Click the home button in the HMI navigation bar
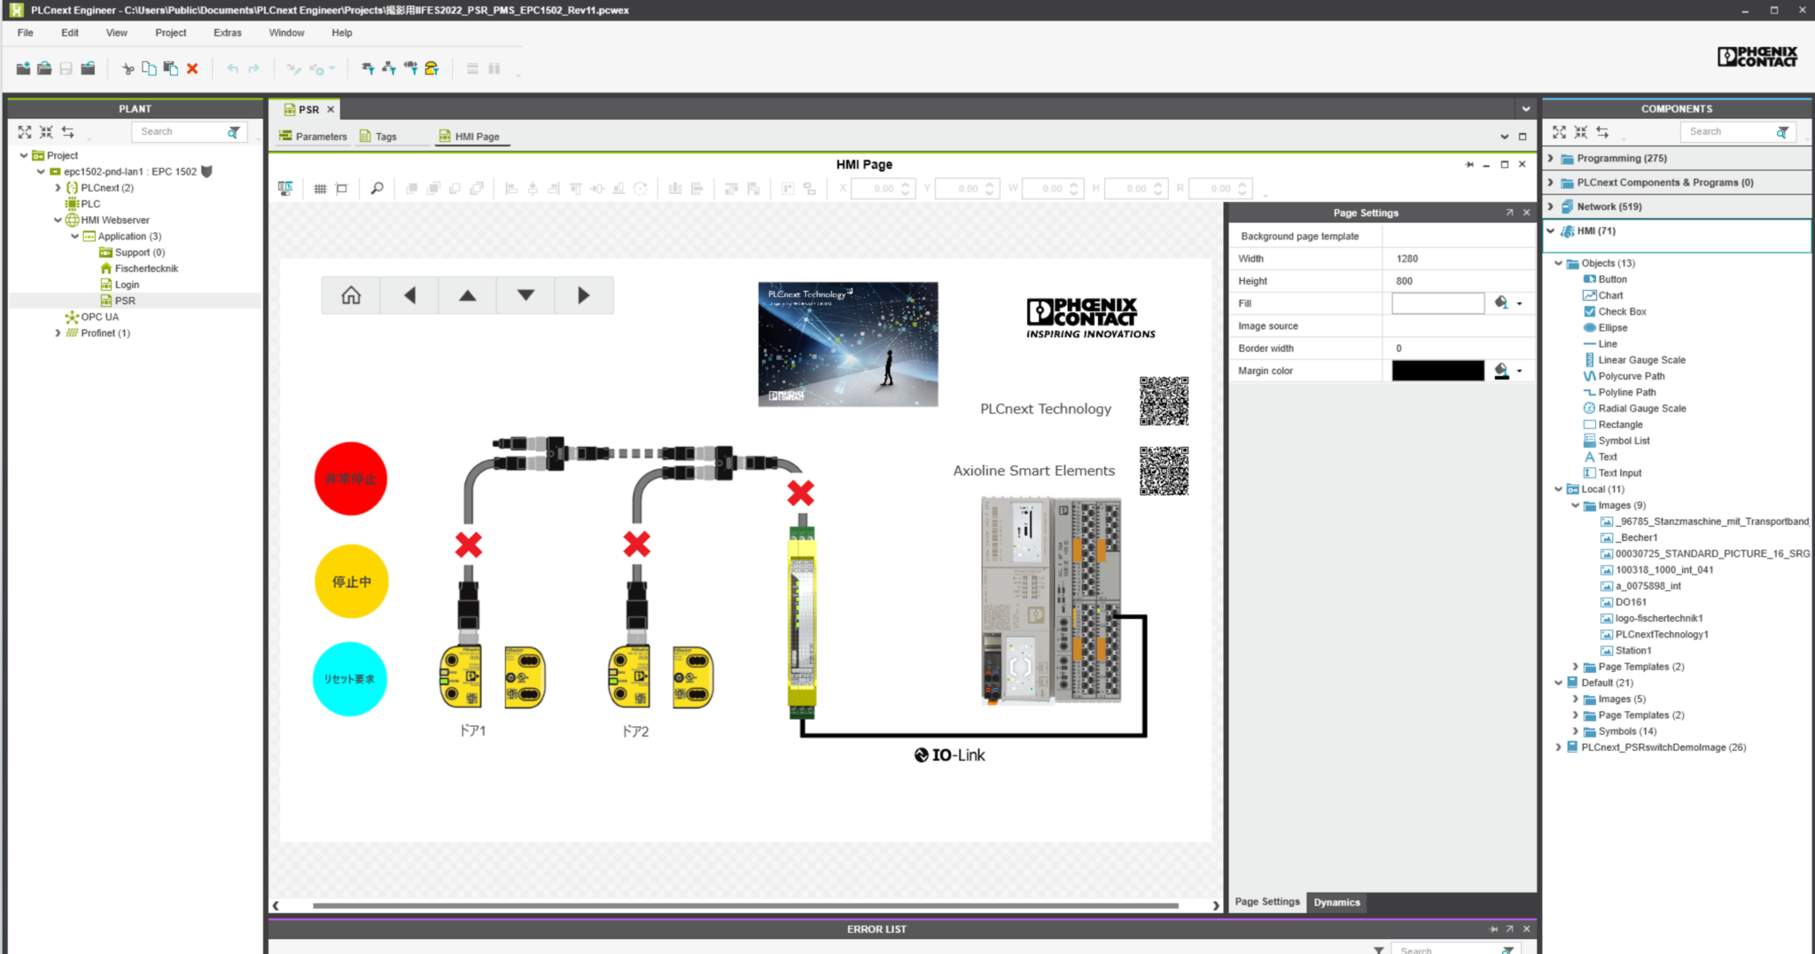(351, 295)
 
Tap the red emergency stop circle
(351, 479)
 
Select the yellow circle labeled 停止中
(351, 582)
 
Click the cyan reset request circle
(350, 679)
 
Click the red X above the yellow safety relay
(800, 493)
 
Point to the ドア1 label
(472, 731)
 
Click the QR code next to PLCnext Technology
(1164, 401)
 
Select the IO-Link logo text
(950, 755)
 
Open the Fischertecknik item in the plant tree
(146, 269)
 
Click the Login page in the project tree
(127, 285)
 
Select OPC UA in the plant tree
(99, 317)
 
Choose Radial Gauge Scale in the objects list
(1641, 409)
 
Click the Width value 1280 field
(1458, 259)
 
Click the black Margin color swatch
(1437, 371)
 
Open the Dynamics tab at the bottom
(1336, 903)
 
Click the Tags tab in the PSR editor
(386, 137)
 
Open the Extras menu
(227, 33)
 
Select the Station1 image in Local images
(1632, 651)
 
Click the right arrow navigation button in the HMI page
(583, 295)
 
